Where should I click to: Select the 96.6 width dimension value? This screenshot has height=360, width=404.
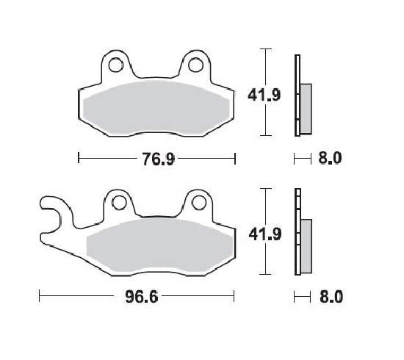click(x=135, y=297)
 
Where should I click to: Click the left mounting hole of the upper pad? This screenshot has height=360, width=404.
click(x=116, y=66)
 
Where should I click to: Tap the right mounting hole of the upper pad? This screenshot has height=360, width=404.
click(x=195, y=66)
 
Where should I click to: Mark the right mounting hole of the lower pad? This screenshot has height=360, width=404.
click(x=196, y=205)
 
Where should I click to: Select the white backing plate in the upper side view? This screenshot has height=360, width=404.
click(x=297, y=96)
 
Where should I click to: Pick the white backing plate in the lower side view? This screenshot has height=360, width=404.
click(x=297, y=235)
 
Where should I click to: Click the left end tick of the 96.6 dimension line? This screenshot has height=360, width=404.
click(x=39, y=297)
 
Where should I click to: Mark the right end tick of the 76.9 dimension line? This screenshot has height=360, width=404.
click(x=234, y=158)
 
